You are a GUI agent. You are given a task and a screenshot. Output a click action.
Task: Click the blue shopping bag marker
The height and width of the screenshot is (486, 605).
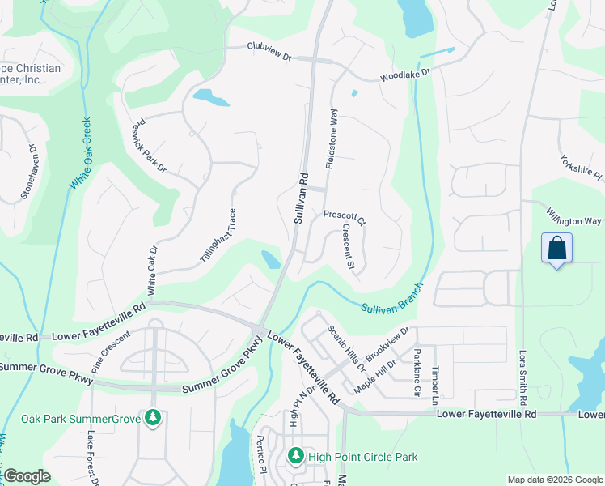pyautogui.click(x=557, y=247)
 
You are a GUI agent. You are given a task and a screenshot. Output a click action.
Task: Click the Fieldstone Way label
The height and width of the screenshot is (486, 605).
pyautogui.click(x=331, y=139)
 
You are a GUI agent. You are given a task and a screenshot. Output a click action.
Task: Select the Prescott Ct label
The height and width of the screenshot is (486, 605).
pyautogui.click(x=345, y=216)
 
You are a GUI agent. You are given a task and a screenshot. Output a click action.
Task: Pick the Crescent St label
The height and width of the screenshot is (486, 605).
pyautogui.click(x=348, y=247)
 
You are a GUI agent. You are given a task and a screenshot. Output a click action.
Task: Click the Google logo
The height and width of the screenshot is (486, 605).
pyautogui.click(x=26, y=476)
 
